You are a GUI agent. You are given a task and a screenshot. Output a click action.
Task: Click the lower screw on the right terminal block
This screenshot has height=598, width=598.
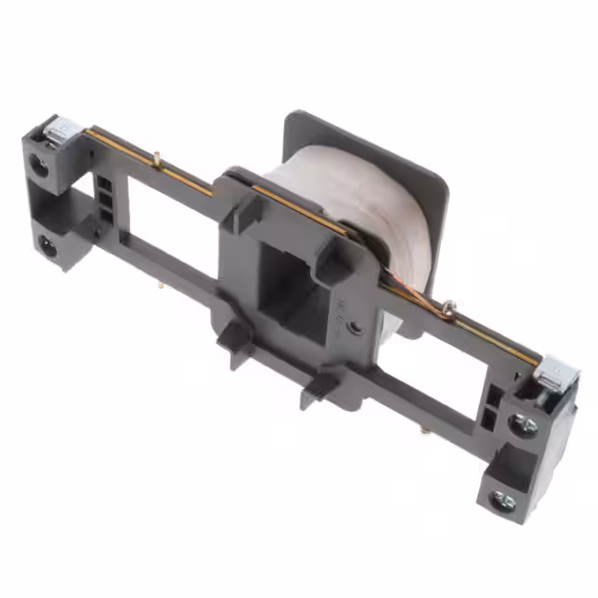(504, 502)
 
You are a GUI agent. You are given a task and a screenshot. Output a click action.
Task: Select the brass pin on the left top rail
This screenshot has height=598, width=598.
(159, 160)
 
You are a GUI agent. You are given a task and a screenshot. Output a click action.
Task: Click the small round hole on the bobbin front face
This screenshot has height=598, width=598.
(356, 327)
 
